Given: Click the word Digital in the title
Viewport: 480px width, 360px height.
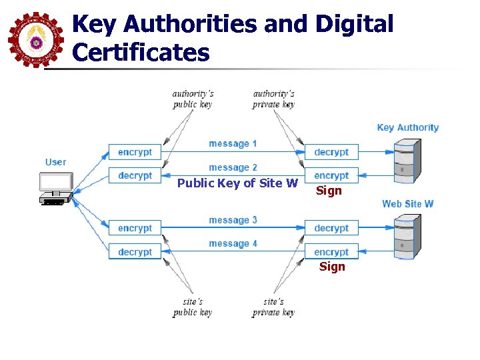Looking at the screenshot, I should coord(355,25).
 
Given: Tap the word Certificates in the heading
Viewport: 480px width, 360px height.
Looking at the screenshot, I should coord(141,53).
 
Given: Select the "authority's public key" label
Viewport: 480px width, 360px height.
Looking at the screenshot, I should coord(193,99).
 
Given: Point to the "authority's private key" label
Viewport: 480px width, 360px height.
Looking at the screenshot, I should coord(273,99).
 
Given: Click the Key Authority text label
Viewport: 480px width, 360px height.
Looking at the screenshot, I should coord(408,127).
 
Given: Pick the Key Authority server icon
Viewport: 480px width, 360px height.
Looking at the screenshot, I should coord(407,161).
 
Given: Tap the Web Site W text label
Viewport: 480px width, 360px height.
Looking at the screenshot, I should coord(408,203).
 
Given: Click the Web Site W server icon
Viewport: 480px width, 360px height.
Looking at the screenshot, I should coord(407,237).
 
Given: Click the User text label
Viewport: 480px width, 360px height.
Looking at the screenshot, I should coord(56,162).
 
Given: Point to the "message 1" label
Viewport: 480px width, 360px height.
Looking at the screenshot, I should coord(233,143).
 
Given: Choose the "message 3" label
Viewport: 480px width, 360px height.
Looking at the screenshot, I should coord(233,220).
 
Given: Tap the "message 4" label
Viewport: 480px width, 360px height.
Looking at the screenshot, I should coord(233,244).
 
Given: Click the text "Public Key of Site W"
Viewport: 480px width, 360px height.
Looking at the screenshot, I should coord(237,183).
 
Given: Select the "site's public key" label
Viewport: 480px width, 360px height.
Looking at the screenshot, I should coord(193,307).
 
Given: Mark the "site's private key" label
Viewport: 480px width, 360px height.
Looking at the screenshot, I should coord(273,307).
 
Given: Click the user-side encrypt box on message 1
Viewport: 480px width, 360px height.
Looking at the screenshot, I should coord(135,152).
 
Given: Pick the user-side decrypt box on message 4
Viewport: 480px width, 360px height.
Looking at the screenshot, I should coord(135,252).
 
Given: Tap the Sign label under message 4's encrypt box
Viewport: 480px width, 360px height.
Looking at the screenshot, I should coord(332,267).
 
